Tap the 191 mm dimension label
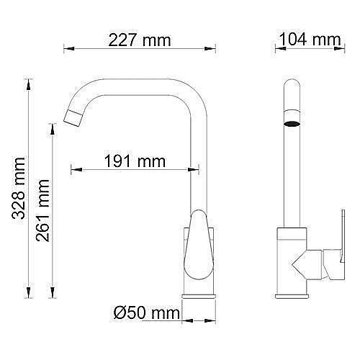click(x=135, y=160)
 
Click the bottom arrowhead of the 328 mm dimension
click(x=30, y=293)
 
